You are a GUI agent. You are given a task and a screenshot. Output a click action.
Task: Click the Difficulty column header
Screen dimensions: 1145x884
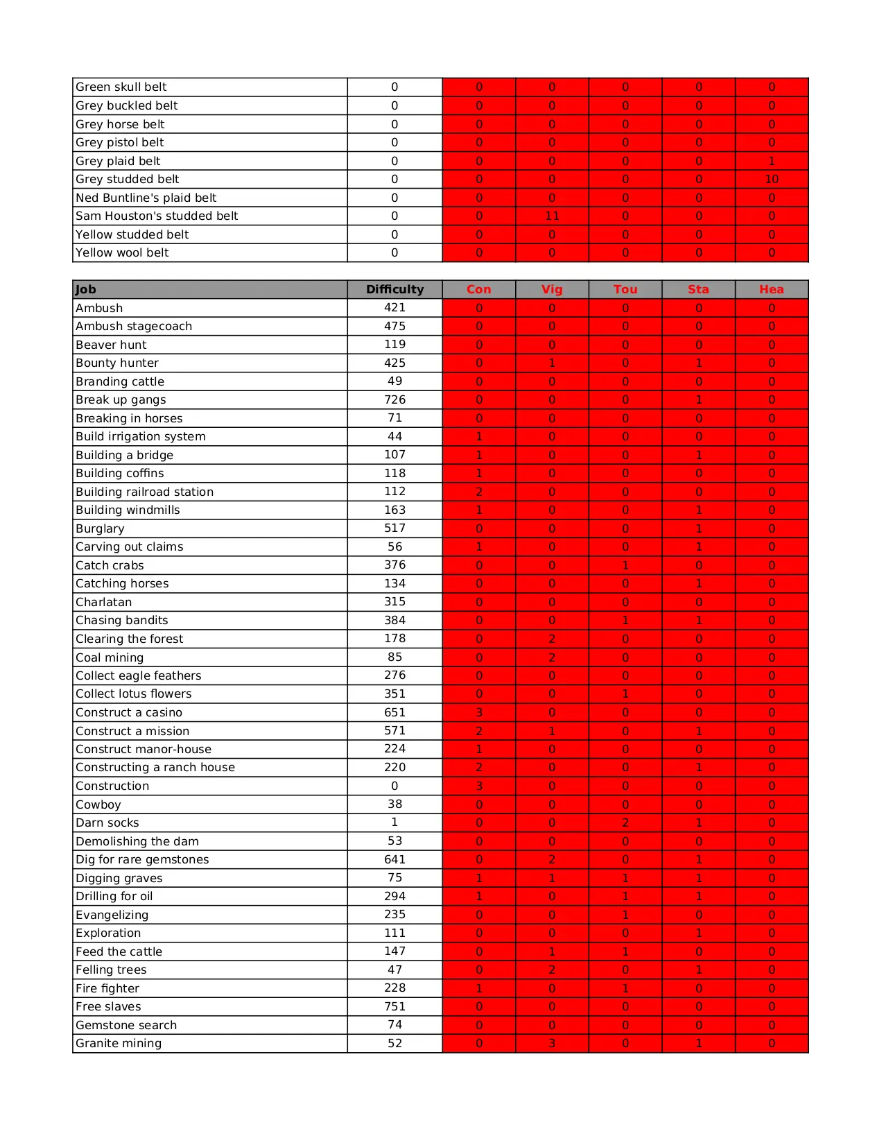click(x=395, y=289)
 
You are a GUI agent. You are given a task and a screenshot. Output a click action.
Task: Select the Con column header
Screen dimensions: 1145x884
click(x=478, y=289)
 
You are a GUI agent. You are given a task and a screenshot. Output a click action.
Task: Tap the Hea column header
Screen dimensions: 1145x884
click(x=771, y=289)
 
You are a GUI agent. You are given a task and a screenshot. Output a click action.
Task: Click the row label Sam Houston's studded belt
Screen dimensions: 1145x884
click(x=157, y=216)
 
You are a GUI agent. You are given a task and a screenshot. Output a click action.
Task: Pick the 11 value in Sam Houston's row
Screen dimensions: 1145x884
click(x=552, y=216)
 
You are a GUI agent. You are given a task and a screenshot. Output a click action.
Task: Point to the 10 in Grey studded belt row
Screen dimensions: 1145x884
click(x=771, y=179)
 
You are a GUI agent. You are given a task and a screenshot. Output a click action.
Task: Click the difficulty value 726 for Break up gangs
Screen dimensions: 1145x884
click(x=395, y=399)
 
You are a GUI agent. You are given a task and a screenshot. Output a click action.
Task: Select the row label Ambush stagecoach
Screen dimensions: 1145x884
click(x=134, y=326)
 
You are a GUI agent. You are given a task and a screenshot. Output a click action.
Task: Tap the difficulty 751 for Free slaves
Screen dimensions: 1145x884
click(x=395, y=1006)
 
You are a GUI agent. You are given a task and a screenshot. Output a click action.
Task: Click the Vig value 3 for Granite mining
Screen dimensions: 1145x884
click(x=552, y=1043)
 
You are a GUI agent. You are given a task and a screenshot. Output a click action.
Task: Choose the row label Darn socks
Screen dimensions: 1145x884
click(x=107, y=823)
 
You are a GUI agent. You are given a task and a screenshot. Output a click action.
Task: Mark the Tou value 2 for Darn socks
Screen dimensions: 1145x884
click(x=625, y=823)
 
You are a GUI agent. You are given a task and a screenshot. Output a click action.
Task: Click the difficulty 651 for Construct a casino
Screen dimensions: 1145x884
click(x=395, y=712)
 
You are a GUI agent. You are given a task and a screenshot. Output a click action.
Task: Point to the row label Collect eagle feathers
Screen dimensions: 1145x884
click(x=139, y=675)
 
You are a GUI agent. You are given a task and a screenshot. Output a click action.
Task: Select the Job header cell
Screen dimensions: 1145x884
click(x=86, y=289)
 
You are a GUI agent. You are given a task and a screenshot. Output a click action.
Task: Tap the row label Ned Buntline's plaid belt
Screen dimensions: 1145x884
click(x=146, y=198)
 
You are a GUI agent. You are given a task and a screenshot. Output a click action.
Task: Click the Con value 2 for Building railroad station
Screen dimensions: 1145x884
click(x=478, y=492)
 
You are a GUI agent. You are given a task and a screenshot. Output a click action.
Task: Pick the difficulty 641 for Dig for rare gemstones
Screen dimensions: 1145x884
click(x=395, y=859)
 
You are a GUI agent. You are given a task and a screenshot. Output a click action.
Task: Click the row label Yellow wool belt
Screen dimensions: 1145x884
click(x=122, y=252)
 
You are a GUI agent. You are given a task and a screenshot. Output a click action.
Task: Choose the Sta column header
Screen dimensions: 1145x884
click(x=698, y=289)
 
